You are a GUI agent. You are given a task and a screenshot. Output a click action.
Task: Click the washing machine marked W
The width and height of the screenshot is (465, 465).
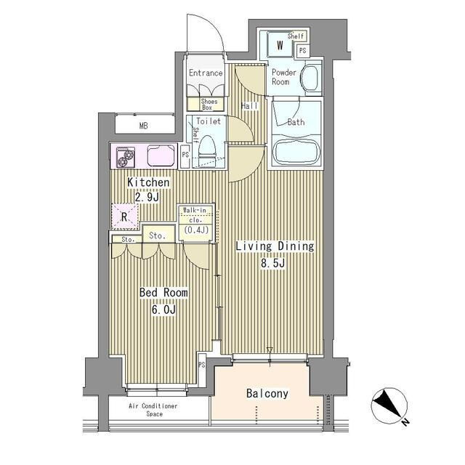tap(280, 45)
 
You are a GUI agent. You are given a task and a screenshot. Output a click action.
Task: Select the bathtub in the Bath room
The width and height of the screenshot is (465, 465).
tap(296, 151)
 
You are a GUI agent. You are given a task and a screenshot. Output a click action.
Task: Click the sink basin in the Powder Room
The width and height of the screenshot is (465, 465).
tap(310, 78)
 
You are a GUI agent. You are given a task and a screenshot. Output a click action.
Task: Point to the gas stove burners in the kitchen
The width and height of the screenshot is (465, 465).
tap(126, 157)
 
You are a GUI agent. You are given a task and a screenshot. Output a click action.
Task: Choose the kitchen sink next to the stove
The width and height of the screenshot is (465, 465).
tap(161, 155)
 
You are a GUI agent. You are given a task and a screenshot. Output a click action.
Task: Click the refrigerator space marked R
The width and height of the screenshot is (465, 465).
tap(125, 217)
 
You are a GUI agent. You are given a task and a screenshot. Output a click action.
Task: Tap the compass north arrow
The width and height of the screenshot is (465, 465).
tap(389, 405)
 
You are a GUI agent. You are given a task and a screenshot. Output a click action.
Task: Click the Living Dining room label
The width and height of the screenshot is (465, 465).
tap(275, 246)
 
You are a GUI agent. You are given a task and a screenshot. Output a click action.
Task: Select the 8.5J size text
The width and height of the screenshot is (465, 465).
tap(273, 263)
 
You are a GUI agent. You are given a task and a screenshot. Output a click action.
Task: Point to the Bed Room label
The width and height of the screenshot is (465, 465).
tap(163, 293)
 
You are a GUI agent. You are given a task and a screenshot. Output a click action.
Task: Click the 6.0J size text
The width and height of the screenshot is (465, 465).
tap(163, 310)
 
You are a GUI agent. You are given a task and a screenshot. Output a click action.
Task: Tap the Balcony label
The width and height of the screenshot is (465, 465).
tap(267, 394)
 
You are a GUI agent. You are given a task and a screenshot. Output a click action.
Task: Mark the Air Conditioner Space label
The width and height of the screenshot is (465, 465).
tap(153, 410)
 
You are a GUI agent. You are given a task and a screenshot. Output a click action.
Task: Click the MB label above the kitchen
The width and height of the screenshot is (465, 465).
tap(144, 126)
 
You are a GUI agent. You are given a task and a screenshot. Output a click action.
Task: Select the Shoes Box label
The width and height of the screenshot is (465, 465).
tap(209, 105)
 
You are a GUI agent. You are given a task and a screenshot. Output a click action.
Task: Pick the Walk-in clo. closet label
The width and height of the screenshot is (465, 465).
tap(195, 215)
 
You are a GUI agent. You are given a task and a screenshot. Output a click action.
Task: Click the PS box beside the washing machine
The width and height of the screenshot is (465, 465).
tap(302, 50)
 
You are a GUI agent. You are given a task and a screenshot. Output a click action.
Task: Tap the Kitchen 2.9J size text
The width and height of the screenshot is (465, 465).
tap(147, 197)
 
